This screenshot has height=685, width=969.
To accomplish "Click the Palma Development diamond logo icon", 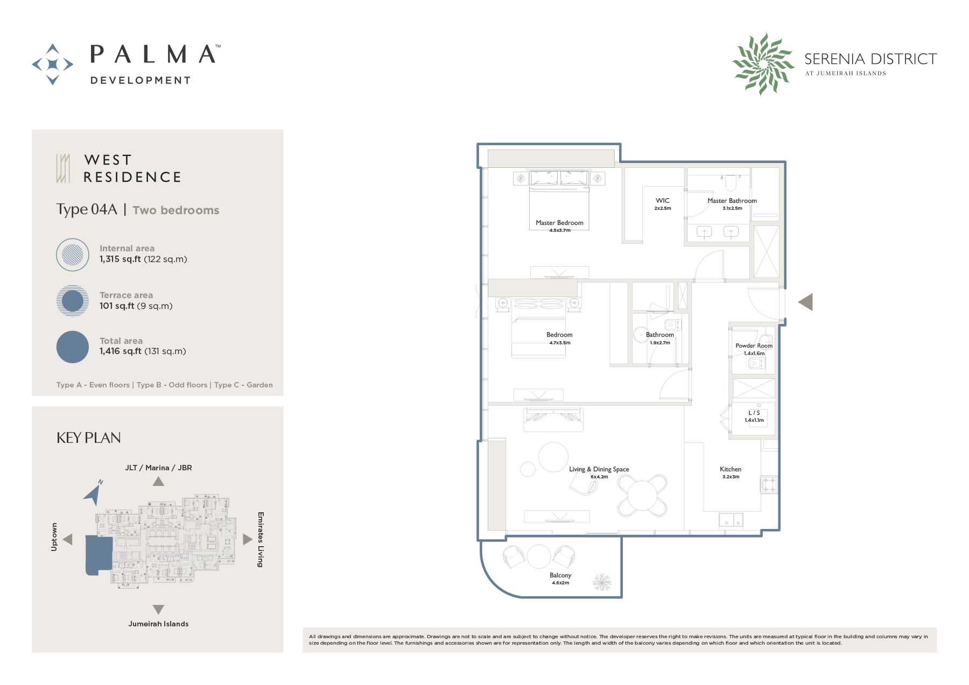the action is tap(53, 65).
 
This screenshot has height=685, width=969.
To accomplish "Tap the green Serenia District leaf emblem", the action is tap(763, 63).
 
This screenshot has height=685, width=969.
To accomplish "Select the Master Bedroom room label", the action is tap(559, 223).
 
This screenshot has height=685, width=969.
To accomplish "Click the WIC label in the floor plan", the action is tap(663, 201).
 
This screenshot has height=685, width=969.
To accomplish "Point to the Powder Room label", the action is tap(754, 346).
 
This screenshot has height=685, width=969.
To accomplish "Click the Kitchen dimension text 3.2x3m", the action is tap(731, 477).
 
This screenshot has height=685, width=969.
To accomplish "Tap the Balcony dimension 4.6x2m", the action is tap(560, 583).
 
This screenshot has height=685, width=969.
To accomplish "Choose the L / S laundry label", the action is tap(754, 413).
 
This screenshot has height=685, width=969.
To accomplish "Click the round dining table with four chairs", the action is tap(642, 496).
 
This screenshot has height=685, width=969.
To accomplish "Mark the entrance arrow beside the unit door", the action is tap(805, 302).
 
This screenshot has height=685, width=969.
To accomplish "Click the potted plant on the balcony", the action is tap(602, 582).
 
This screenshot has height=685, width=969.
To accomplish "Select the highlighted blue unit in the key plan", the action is tap(99, 555).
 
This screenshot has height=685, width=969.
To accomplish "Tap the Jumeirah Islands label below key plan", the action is tap(158, 624).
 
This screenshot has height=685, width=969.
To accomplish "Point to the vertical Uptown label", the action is tap(54, 536).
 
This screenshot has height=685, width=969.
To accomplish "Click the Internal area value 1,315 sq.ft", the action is tap(120, 259).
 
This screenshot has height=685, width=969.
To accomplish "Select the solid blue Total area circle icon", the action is tap(73, 347).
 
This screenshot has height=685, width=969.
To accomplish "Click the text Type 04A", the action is tap(87, 209).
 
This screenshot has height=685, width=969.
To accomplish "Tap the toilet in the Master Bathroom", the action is tap(730, 183).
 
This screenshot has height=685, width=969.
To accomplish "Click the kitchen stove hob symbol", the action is tap(769, 484).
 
